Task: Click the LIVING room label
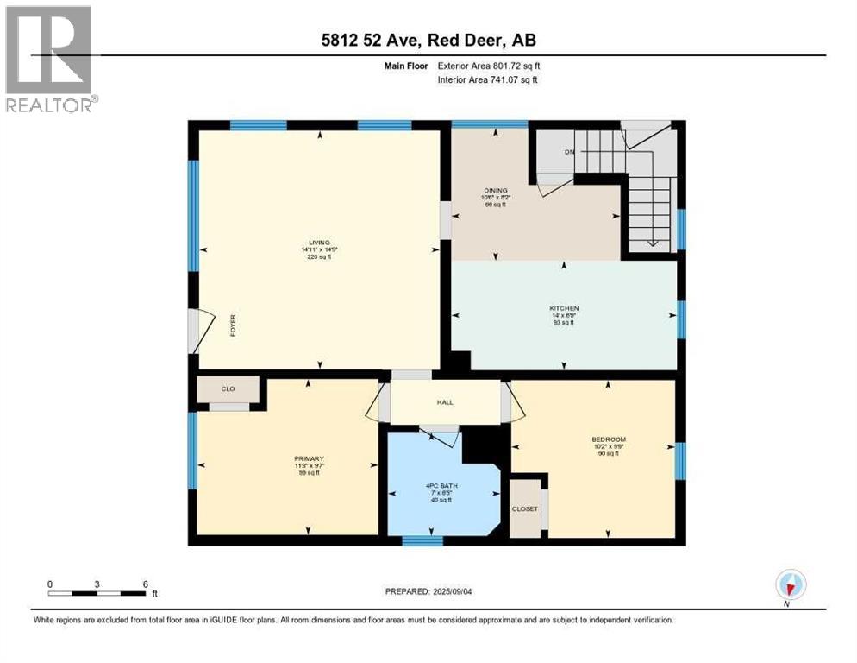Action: coord(320,243)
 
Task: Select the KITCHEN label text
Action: coord(564,308)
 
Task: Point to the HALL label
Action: coord(445,402)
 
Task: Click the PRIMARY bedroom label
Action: coord(308,458)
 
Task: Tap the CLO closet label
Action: coord(228,389)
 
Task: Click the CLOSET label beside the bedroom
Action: coord(524,509)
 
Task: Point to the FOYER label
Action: coord(233,325)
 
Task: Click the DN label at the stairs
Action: coord(569,153)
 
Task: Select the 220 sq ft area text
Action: coord(320,257)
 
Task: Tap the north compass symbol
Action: coord(789,584)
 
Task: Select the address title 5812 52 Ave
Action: coord(428,40)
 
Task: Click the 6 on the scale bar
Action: coord(145,584)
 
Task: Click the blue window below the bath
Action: coord(416,541)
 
